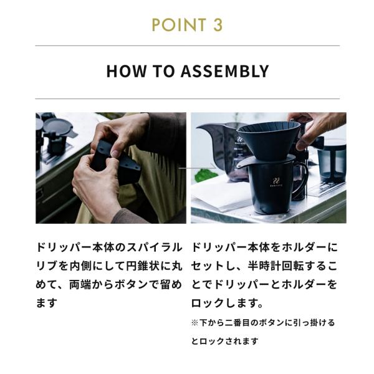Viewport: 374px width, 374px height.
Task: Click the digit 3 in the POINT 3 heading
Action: coord(218,24)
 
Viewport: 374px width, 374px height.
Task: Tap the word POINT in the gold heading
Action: coord(179,24)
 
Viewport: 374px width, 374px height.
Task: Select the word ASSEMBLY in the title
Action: coord(224,71)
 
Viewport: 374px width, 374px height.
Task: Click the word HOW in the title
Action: coord(126,71)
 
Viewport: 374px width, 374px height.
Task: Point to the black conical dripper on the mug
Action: coord(268,140)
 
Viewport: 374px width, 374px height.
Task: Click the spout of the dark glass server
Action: coord(203,128)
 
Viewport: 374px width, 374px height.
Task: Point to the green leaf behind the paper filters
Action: coord(204,176)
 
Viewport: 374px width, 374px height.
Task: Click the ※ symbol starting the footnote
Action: coord(195,323)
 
